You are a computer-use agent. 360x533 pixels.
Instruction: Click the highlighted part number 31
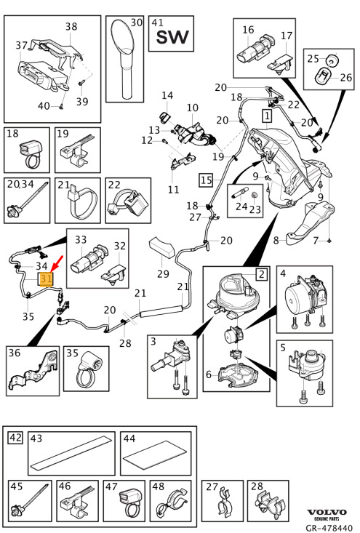point(47,279)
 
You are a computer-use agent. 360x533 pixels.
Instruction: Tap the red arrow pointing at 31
point(57,263)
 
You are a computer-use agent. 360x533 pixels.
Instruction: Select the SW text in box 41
point(172,37)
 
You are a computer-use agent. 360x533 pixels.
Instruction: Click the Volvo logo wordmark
point(327,512)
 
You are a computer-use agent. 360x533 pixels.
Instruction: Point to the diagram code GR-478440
point(329,528)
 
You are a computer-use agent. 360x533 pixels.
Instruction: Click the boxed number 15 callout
point(206,180)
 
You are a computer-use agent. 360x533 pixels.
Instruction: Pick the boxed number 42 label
point(15,438)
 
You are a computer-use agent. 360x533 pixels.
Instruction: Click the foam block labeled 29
point(161,247)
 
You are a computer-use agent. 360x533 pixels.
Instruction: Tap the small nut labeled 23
point(254,196)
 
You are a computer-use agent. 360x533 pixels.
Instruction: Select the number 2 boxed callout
point(261,273)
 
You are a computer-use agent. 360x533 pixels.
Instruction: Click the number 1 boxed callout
point(267,116)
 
